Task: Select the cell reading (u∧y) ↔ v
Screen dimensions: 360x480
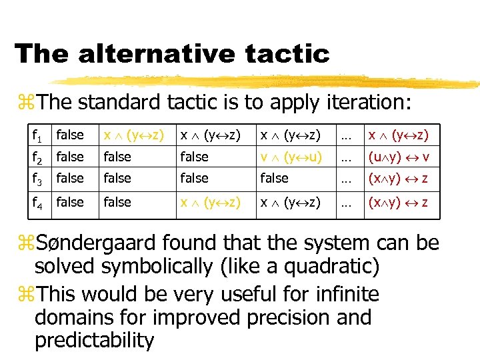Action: click(399, 157)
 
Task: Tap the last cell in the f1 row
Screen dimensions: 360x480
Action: click(399, 135)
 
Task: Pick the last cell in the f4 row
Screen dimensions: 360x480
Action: click(399, 203)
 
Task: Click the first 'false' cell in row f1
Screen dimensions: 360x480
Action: click(70, 135)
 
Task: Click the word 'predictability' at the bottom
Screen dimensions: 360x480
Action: click(94, 340)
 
